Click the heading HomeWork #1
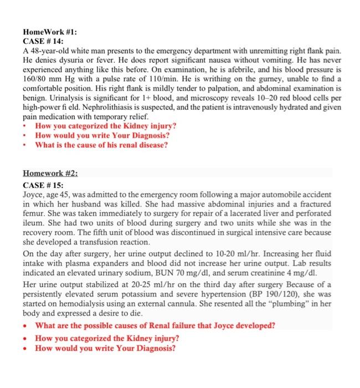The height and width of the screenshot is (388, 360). (x=47, y=32)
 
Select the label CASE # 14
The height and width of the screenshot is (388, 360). (x=43, y=42)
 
